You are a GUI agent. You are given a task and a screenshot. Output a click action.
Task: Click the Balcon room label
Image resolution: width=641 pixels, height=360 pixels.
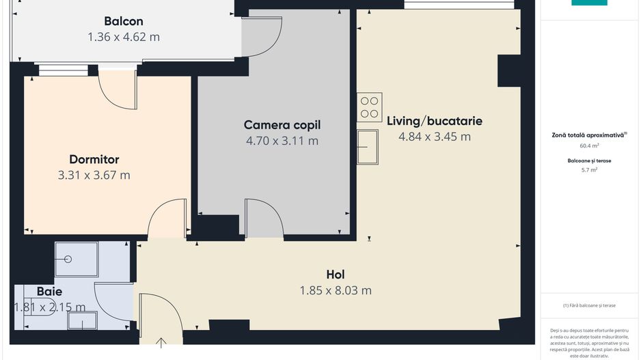[x=124, y=21]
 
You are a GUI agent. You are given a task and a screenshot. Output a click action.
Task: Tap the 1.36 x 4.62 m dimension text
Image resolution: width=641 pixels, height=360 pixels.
[x=124, y=37]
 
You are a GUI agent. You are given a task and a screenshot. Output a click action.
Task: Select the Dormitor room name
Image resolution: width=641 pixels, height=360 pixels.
[x=94, y=159]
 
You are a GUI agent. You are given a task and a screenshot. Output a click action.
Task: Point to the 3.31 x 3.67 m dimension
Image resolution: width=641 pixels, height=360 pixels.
[x=94, y=175]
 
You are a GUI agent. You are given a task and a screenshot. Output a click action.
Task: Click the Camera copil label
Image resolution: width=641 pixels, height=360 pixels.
[x=282, y=125]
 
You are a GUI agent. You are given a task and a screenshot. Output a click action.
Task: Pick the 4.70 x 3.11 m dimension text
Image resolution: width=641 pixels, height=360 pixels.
[x=282, y=141]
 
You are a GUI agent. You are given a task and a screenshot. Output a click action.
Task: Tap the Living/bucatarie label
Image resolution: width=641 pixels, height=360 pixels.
[x=435, y=121]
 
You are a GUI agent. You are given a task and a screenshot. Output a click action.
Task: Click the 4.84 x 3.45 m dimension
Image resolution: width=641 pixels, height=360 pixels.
[x=435, y=137]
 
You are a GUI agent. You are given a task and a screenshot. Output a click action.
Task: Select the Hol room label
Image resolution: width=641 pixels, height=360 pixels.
[x=336, y=275]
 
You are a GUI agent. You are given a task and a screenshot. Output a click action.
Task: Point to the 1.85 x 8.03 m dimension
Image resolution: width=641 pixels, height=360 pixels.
[x=336, y=290]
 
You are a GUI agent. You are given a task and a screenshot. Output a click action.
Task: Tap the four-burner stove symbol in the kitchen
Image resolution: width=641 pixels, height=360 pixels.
[x=370, y=107]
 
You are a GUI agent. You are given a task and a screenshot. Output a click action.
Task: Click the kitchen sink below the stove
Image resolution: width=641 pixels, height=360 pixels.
[x=368, y=146]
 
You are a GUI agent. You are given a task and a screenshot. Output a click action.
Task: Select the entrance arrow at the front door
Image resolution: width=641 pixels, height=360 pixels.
[x=161, y=341]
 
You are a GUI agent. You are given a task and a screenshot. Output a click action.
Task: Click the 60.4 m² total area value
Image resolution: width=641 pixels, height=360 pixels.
[x=589, y=146]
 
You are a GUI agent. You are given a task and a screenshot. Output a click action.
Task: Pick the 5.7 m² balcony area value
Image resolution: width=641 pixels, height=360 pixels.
[x=589, y=169]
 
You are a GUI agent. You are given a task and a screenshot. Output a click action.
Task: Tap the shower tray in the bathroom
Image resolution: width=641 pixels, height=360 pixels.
[x=76, y=259]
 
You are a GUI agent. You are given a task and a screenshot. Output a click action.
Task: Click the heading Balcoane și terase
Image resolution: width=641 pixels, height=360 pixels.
[x=589, y=161]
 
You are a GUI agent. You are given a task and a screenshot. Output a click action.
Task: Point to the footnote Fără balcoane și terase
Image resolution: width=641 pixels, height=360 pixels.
[x=589, y=305]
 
